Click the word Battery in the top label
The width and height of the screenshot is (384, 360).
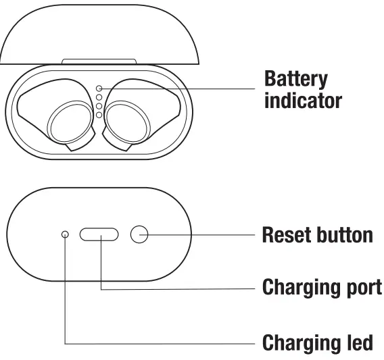click(x=295, y=79)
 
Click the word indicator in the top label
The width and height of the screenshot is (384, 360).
click(x=303, y=101)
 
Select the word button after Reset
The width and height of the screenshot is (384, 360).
click(x=344, y=235)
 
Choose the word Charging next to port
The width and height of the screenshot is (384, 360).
click(x=298, y=287)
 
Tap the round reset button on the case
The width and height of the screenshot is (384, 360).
click(x=139, y=234)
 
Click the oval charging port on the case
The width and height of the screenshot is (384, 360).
click(x=99, y=234)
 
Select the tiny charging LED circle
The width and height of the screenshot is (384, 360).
click(x=65, y=234)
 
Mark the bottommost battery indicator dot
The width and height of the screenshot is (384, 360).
click(x=99, y=115)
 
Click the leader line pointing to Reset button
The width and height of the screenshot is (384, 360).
click(x=203, y=234)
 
